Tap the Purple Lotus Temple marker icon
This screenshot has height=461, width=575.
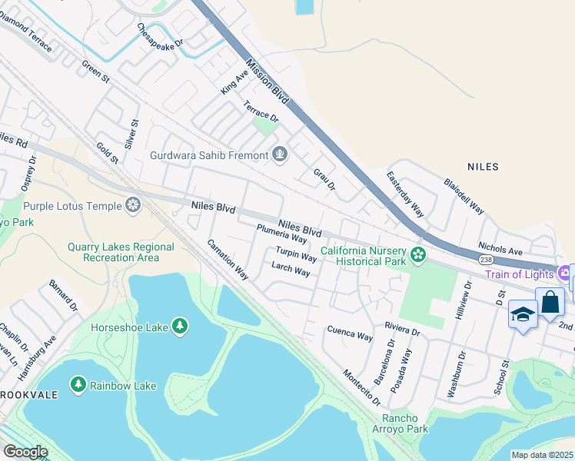coord(133,206)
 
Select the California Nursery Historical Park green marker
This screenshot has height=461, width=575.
coord(418,254)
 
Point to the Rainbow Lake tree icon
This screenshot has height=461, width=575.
coord(78,383)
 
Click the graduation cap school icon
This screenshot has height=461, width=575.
coord(523,315)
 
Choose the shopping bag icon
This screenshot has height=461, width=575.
coord(550,302)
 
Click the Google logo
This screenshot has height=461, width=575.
coord(25,452)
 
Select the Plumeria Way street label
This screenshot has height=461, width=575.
coord(282,234)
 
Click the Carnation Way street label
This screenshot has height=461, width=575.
coord(228,260)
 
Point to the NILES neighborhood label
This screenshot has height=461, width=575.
coord(483,167)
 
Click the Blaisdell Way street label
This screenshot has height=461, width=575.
coord(464,197)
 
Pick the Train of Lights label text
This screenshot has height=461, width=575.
coord(520,274)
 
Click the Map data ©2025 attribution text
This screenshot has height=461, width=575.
coord(542,455)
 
